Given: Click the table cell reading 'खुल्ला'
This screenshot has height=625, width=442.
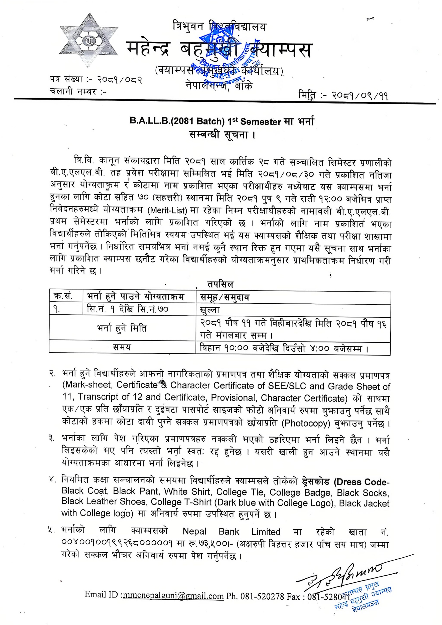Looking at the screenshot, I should pyautogui.click(x=210, y=310).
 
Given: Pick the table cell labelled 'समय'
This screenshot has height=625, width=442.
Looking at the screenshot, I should pyautogui.click(x=122, y=347).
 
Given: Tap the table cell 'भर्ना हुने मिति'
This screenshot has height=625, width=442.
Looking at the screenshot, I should pyautogui.click(x=122, y=329).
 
